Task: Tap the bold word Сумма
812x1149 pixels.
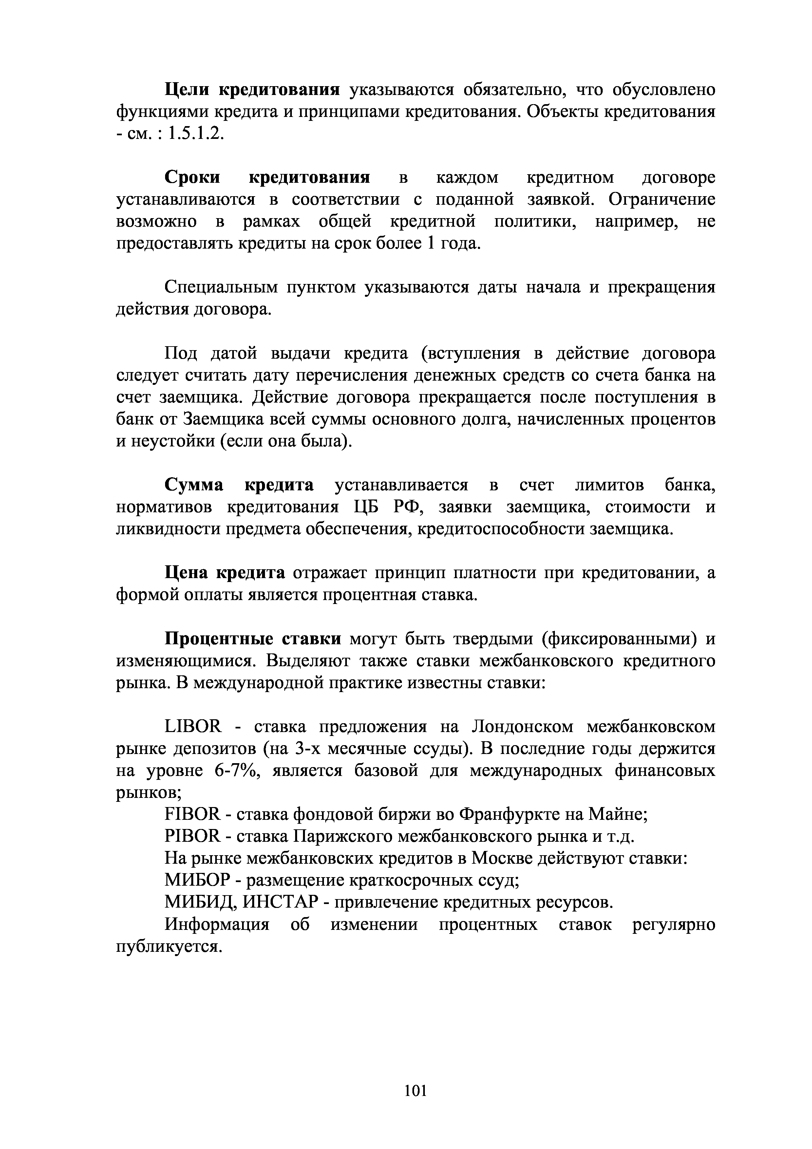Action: click(194, 485)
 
